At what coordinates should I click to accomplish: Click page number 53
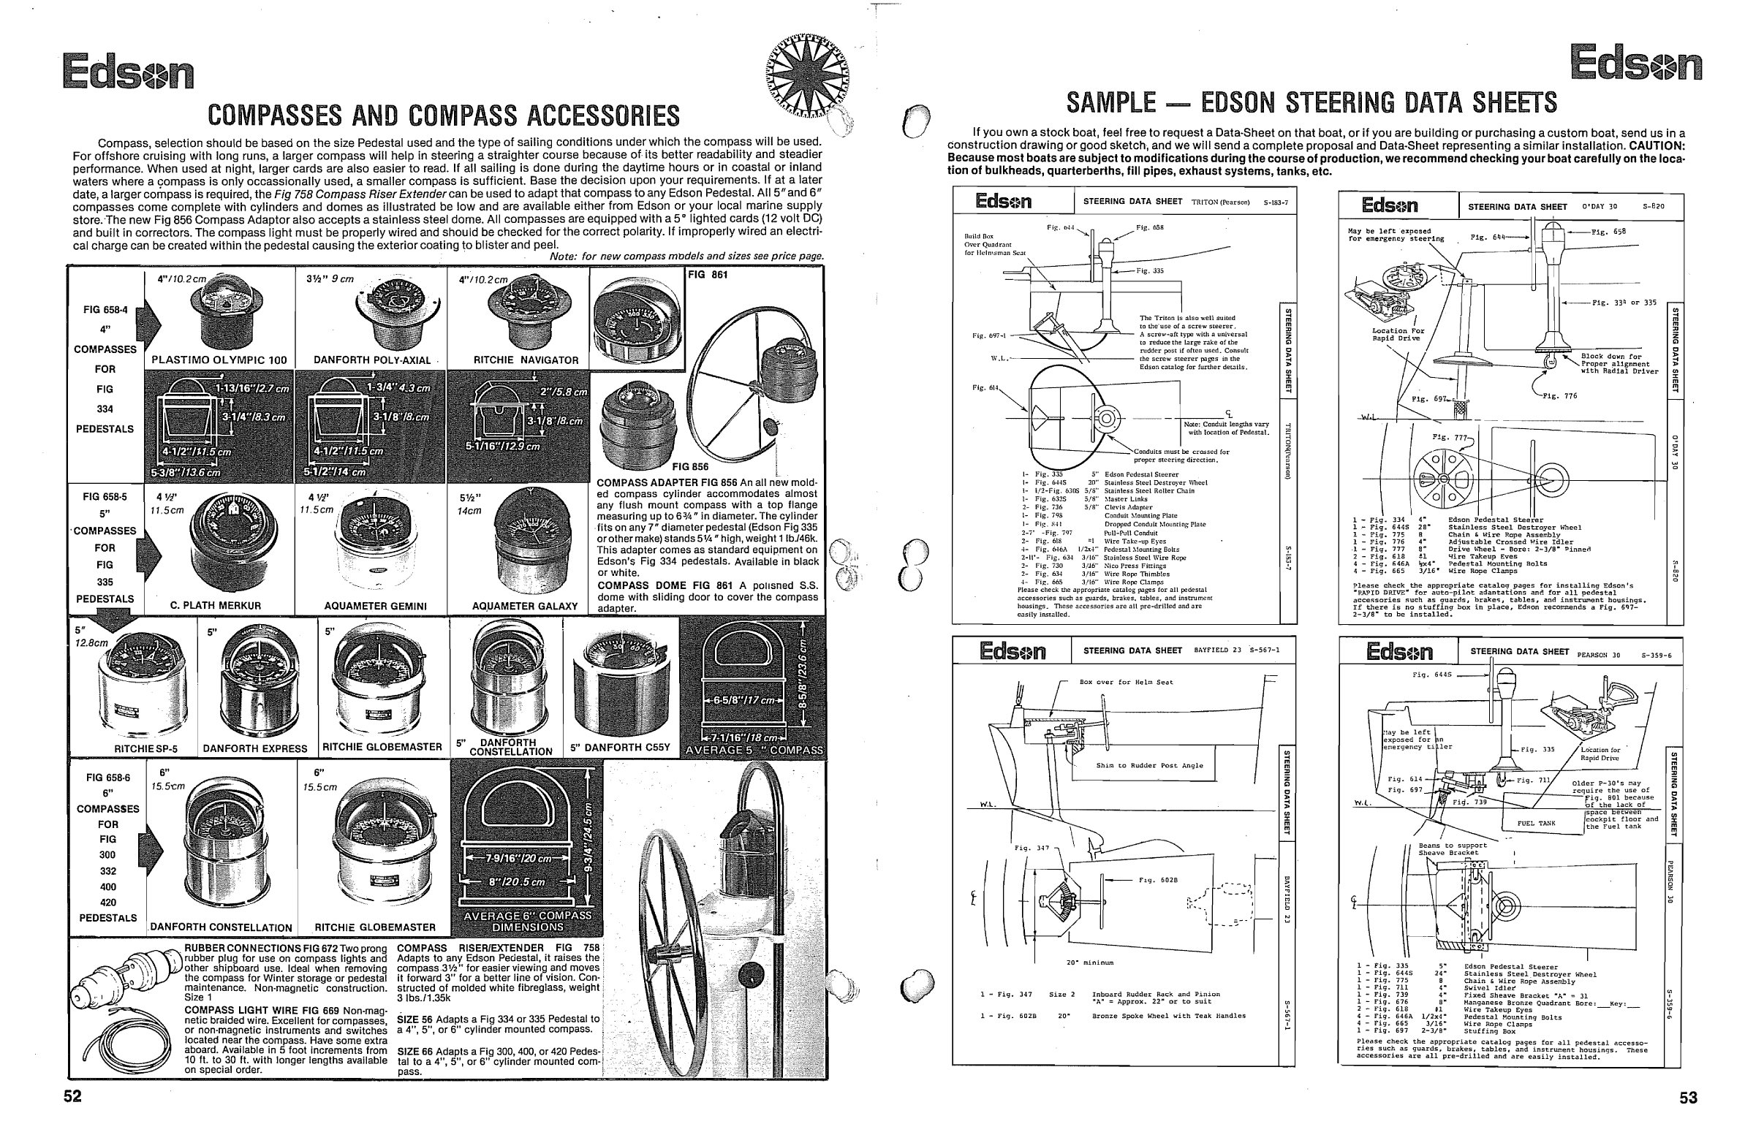click(x=1689, y=1098)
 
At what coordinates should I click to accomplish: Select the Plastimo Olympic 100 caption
click(x=219, y=360)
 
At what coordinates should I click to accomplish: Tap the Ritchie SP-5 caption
click(x=145, y=748)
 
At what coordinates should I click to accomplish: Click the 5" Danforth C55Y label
click(x=620, y=748)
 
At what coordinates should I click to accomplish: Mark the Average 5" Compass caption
click(x=752, y=750)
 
